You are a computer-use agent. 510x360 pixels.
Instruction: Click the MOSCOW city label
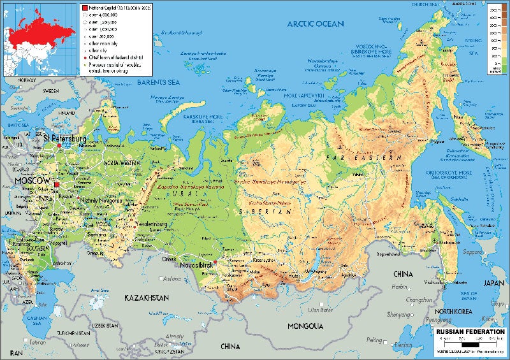[x=32, y=182]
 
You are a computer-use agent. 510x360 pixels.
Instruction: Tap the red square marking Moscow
[x=57, y=185]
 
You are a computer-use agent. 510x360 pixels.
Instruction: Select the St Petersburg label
[x=64, y=138]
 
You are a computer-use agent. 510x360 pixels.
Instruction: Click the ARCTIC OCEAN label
[x=315, y=24]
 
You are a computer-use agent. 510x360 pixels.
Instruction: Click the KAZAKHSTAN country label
[x=146, y=298]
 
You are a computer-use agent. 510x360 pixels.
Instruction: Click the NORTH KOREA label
[x=454, y=311]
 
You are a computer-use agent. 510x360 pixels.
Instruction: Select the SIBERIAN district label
[x=257, y=211]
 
